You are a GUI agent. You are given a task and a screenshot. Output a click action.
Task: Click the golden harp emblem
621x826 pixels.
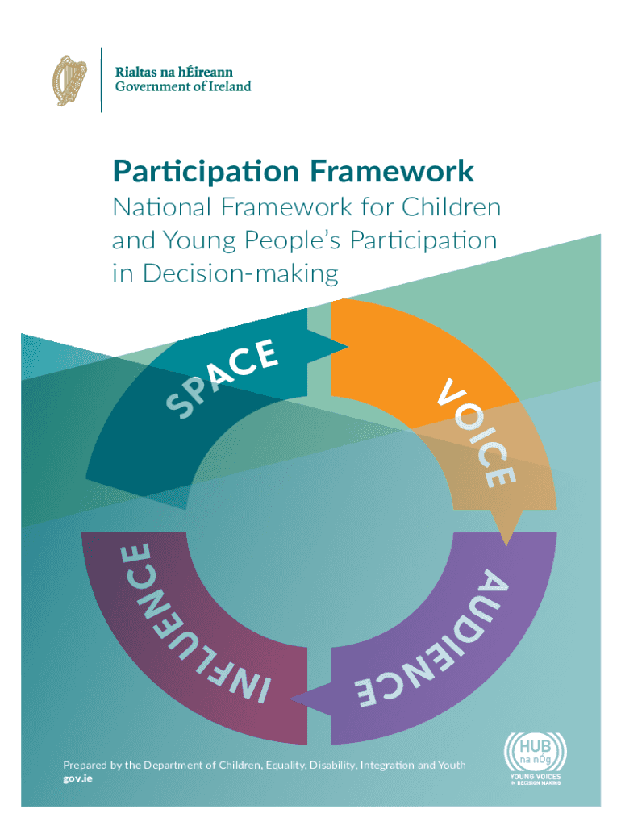[x=69, y=81]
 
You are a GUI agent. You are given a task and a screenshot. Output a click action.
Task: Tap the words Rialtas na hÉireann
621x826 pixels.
[x=174, y=72]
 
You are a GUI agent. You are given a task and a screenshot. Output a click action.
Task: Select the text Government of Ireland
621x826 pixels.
[x=183, y=86]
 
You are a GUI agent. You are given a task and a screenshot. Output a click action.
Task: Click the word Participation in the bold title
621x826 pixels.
[x=206, y=173]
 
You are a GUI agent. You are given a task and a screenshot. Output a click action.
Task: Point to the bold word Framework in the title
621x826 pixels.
[x=392, y=171]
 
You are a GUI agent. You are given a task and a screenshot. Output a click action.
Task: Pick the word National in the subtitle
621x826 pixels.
[x=162, y=206]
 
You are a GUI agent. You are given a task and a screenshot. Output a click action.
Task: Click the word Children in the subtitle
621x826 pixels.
[x=451, y=206]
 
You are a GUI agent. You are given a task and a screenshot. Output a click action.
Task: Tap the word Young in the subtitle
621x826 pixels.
[x=200, y=241]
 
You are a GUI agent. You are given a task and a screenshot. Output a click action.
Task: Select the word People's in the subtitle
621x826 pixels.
[x=293, y=241]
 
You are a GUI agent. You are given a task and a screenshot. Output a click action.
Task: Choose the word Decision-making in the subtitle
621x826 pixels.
[x=240, y=274]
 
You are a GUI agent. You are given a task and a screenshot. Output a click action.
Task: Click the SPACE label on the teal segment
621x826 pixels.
[x=221, y=378]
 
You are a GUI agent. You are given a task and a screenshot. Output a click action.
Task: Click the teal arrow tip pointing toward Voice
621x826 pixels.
[x=348, y=347]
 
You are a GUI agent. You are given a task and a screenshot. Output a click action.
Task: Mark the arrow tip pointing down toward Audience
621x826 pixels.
[x=506, y=544]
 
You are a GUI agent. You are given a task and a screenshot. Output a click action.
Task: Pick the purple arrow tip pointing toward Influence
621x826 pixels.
[x=291, y=699]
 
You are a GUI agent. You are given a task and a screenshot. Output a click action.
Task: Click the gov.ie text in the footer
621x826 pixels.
[x=77, y=778]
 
